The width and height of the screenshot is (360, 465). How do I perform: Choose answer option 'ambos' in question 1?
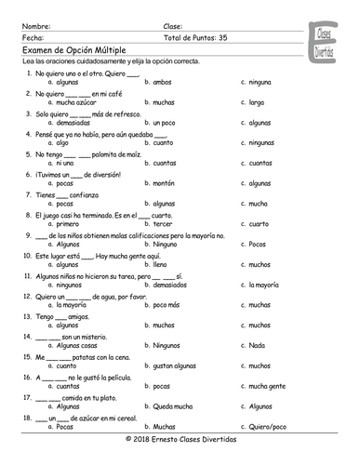coord(162,82)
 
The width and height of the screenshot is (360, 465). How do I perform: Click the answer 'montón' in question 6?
coord(165,183)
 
